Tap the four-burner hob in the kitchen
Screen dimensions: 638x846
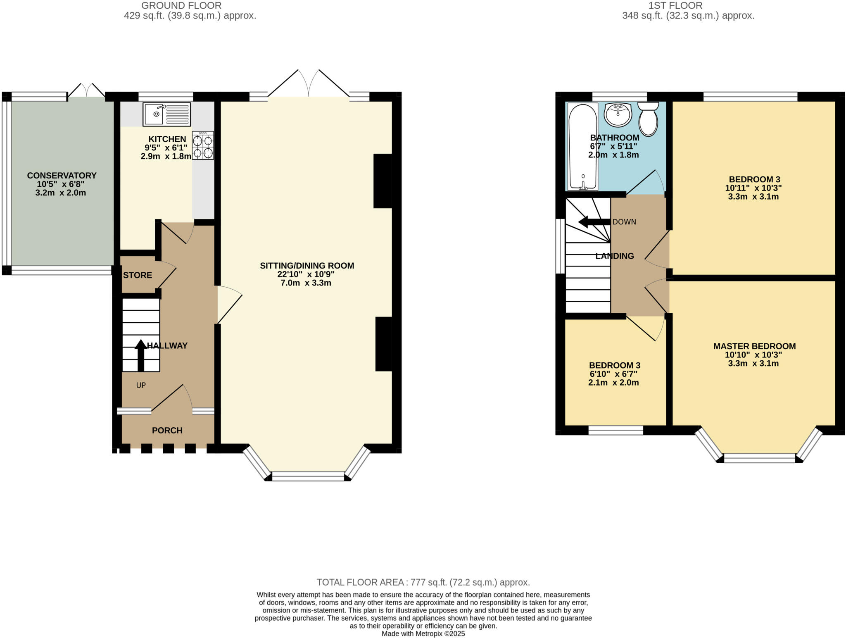[x=202, y=145]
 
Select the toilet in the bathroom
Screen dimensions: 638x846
[x=648, y=119]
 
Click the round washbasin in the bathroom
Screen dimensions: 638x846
[x=618, y=114]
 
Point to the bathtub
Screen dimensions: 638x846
[x=583, y=146]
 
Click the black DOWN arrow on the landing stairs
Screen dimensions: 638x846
[x=594, y=222]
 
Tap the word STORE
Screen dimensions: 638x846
[x=138, y=275]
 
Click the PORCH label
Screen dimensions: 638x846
[x=167, y=431]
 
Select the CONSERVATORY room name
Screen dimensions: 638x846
[x=62, y=176]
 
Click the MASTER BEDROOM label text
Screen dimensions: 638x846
[x=754, y=346]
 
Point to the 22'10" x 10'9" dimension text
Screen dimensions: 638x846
[x=306, y=274]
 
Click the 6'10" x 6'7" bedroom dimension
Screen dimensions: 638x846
[x=613, y=374]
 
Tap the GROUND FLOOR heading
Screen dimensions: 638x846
[x=181, y=5]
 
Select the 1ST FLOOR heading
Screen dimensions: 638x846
[x=675, y=5]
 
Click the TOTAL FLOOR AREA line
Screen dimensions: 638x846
[x=423, y=582]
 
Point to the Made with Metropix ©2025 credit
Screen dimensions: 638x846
[x=423, y=633]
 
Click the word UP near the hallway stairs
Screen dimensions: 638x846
[x=141, y=385]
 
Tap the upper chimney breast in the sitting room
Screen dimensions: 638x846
[x=383, y=181]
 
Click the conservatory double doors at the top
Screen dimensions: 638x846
[x=86, y=90]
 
